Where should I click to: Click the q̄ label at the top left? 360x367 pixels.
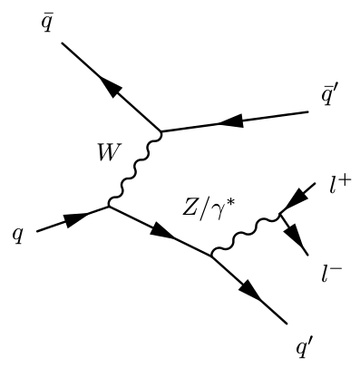click(43, 20)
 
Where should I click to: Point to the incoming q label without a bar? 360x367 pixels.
click(18, 236)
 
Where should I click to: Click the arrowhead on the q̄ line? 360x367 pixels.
click(107, 86)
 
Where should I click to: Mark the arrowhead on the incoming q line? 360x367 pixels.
click(78, 218)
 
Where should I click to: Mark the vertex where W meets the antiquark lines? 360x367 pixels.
click(161, 133)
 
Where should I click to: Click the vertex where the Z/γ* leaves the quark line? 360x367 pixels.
click(211, 257)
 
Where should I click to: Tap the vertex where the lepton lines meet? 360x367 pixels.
click(282, 215)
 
